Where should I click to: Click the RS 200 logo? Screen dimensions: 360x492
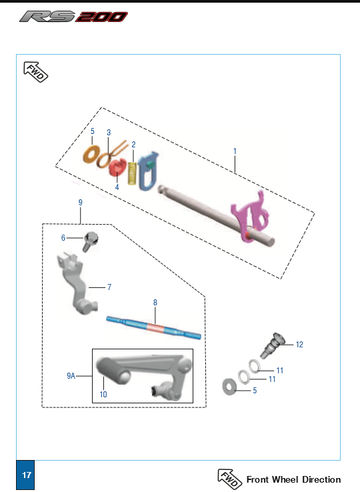[x=74, y=17]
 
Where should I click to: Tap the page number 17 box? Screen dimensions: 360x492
[x=25, y=475]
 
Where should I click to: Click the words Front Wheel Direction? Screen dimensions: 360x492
[x=293, y=479]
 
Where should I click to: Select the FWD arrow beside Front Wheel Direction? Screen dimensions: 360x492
[x=230, y=479]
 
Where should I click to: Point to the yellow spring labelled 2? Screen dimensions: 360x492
[x=132, y=173]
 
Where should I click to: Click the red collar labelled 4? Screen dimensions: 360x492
[x=117, y=167]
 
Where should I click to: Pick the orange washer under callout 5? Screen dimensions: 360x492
[x=91, y=155]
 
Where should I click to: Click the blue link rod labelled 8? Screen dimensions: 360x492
[x=154, y=327]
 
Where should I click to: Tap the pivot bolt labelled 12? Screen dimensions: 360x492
[x=272, y=345]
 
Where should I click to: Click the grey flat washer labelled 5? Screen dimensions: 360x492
[x=229, y=387]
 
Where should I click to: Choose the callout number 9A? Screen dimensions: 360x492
[x=71, y=375]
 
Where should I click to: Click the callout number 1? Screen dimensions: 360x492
[x=235, y=151]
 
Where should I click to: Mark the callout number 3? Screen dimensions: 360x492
[x=109, y=133]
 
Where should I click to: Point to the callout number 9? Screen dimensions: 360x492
[x=81, y=203]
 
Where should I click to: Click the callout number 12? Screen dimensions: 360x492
[x=299, y=345]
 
